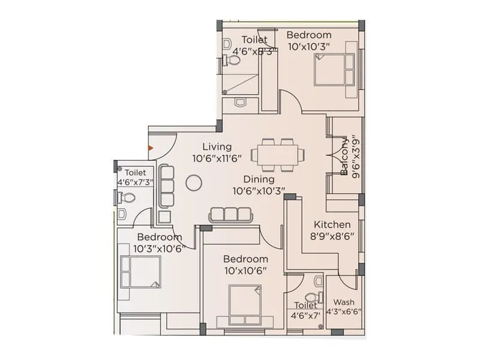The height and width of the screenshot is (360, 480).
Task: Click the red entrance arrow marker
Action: point(151,148)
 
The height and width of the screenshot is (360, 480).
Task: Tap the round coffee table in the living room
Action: point(193,182)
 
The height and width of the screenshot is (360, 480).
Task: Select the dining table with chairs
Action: point(277,155)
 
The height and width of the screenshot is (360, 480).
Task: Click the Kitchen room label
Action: point(332,224)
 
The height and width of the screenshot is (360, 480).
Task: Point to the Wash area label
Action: point(343,302)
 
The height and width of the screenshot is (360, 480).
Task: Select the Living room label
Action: point(217,146)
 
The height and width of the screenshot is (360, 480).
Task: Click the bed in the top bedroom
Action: point(334,70)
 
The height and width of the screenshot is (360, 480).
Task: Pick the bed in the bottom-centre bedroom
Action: point(245,302)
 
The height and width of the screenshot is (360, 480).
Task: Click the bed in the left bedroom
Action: point(140,272)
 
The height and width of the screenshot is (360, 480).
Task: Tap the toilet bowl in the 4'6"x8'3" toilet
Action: point(232,60)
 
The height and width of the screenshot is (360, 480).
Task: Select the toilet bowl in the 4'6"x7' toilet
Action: point(312,298)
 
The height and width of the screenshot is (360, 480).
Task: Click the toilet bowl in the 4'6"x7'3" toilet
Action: point(127,197)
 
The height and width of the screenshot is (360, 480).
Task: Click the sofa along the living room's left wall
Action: point(167,187)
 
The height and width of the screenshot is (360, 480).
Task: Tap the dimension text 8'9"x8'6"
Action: point(332,236)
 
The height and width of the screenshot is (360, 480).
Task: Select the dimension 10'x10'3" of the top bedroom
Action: point(309,46)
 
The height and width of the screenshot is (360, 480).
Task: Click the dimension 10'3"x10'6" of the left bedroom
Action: point(159,248)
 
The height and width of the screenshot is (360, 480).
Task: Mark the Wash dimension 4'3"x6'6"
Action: point(343,312)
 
